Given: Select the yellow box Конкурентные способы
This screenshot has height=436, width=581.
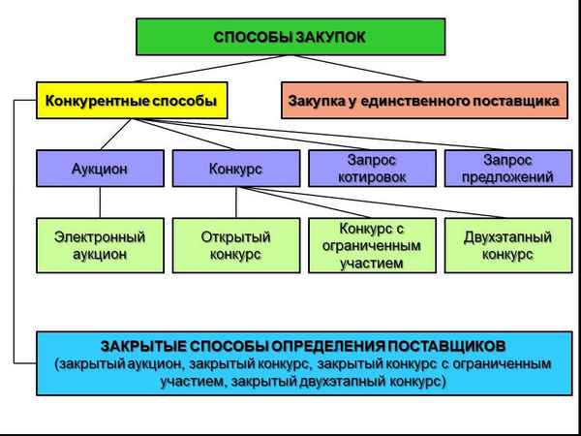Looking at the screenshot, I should coord(126,99).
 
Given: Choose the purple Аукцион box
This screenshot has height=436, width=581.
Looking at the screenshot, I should coord(100,168).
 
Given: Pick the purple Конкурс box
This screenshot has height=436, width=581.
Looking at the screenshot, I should coord(235,168).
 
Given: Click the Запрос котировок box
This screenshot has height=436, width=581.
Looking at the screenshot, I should coord(371,168).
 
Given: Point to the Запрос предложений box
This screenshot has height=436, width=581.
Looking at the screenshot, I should coord(505,168).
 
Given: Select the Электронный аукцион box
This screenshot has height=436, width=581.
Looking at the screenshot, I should coord(100,245).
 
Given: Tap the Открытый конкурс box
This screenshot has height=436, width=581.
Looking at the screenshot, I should coord(235,245).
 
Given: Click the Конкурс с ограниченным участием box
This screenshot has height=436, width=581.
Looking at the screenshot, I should coord(371,245).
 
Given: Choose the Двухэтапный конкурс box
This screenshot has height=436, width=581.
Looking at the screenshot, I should coord(505,245).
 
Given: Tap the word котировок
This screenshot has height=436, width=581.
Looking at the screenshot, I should coord(371,177).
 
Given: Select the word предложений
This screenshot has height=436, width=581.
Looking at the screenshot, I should coord(505,177).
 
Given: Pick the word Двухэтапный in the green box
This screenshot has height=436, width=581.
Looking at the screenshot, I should coord(505,236).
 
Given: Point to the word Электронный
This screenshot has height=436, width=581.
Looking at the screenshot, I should coord(100,236).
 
